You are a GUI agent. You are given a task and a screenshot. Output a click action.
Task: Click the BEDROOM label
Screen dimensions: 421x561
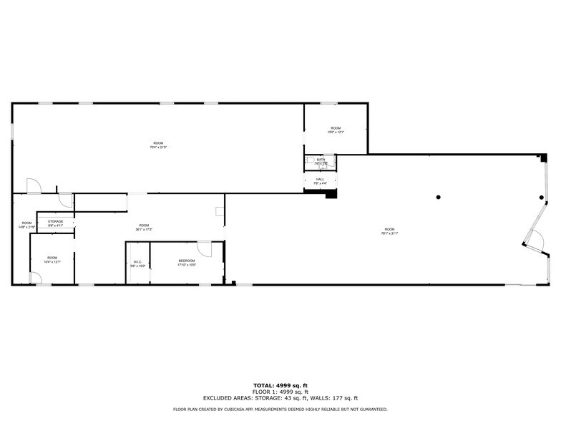point(187,261)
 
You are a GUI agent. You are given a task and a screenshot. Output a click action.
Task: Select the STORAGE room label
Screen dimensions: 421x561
point(56,222)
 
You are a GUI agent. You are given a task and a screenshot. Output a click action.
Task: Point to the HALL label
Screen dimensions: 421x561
point(320,179)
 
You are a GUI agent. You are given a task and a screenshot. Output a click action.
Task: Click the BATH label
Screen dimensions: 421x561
point(321,159)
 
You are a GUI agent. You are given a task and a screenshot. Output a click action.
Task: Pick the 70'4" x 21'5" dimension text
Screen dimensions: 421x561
point(158,147)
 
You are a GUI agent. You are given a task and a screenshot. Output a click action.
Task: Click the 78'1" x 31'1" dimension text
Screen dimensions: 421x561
point(389,233)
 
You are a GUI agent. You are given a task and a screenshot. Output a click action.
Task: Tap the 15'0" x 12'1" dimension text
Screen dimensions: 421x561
point(336,132)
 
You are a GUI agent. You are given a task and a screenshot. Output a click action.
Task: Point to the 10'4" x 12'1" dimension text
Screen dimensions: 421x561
point(52,261)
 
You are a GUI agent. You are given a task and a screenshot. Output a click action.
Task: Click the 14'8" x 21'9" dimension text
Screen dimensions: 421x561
point(26,227)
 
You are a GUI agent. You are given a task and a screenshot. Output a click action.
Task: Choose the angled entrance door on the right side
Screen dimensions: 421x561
point(537,239)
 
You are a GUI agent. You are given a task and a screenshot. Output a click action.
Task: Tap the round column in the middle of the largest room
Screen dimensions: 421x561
point(439,198)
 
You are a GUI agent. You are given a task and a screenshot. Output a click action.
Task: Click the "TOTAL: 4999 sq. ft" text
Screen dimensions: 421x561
point(280,387)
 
